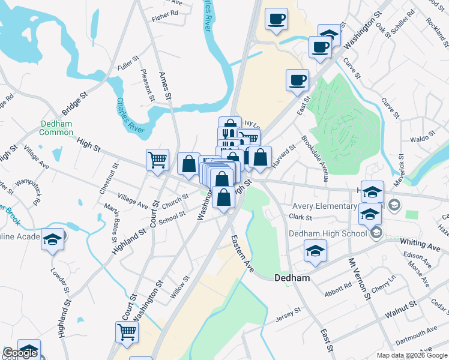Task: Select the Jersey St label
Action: point(288,313)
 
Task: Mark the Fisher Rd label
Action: point(165,13)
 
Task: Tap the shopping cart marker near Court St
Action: point(157,161)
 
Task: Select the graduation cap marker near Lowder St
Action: point(52,240)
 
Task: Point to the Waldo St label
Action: point(422,139)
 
